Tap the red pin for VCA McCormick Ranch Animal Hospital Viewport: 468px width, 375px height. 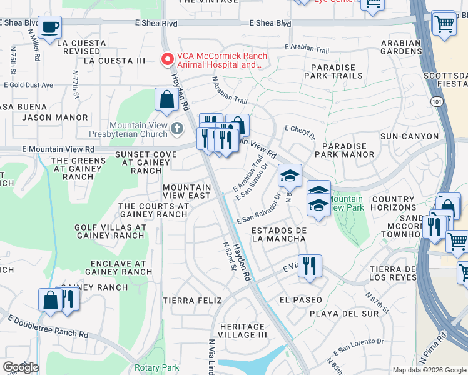click(x=167, y=60)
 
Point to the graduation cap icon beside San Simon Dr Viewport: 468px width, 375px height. click(x=290, y=176)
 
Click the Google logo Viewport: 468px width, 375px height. click(x=21, y=367)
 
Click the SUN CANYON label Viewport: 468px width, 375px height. click(x=409, y=136)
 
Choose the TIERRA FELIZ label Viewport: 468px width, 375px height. click(x=192, y=301)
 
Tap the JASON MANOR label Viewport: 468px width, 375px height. click(x=54, y=117)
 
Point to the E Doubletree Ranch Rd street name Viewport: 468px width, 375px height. click(x=47, y=326)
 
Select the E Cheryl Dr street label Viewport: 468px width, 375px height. click(x=300, y=132)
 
